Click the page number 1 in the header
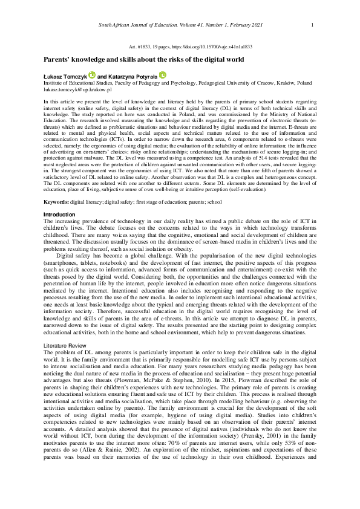(312, 25)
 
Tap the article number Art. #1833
(140, 47)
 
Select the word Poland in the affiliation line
(304, 82)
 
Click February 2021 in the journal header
(254, 25)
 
